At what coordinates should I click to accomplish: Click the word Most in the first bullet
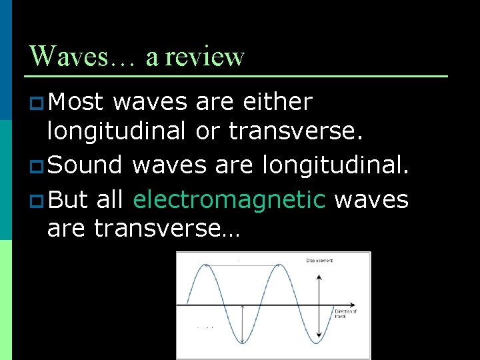click(76, 102)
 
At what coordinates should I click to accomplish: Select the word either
click(278, 102)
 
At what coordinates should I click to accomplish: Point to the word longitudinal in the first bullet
click(116, 131)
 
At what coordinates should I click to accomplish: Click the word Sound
click(85, 164)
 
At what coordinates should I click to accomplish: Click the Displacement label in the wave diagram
click(319, 260)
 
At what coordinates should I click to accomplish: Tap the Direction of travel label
click(345, 313)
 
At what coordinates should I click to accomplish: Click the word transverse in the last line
click(154, 229)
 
